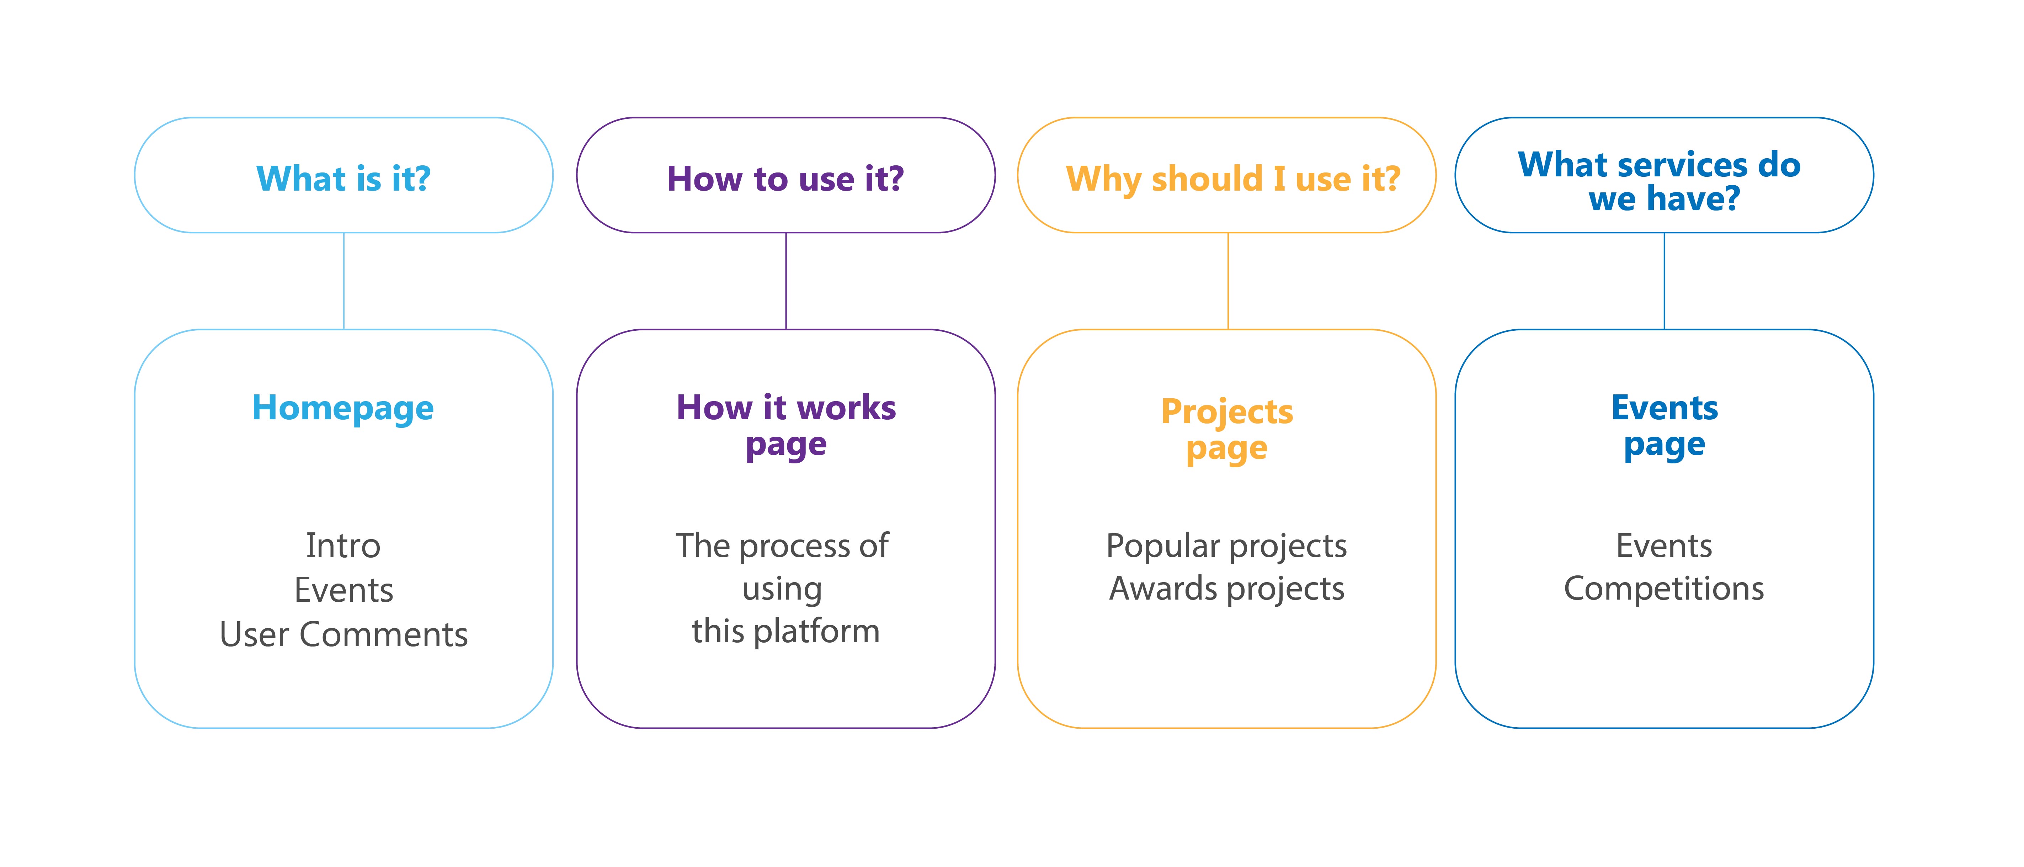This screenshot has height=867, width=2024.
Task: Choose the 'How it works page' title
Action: point(786,426)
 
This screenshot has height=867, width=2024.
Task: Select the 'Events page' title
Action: point(1664,426)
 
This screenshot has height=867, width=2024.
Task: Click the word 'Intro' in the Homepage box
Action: point(343,546)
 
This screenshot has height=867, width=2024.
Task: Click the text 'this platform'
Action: point(786,631)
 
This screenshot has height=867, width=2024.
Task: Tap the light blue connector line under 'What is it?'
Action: point(343,281)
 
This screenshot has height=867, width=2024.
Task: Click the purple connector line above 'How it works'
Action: point(786,281)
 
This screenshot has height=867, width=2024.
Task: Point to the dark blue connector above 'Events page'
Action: point(1664,281)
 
